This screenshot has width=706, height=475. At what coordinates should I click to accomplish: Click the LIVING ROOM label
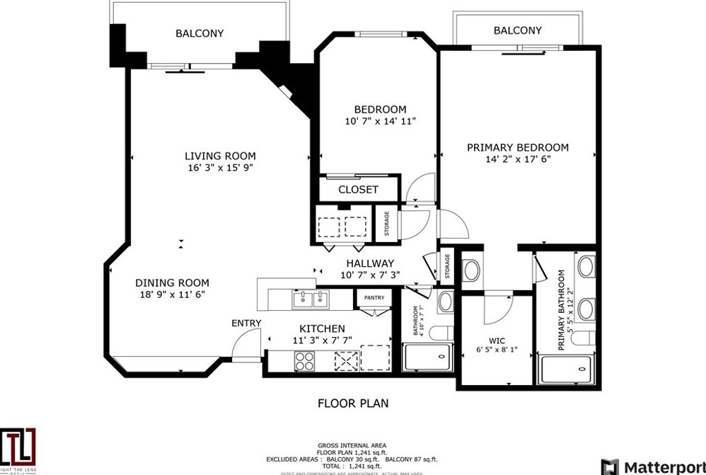(220, 156)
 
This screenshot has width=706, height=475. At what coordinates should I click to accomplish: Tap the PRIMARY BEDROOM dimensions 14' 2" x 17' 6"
(517, 159)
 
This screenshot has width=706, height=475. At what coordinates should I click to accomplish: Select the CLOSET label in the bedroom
(358, 190)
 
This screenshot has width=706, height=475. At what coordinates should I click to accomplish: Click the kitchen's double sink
(311, 300)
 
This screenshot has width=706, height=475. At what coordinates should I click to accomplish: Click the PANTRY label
(374, 298)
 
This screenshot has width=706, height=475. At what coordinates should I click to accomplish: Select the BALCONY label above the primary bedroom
(517, 30)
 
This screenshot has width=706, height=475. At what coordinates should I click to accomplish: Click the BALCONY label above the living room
(199, 33)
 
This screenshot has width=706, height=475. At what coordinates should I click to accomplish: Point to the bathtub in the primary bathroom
(566, 369)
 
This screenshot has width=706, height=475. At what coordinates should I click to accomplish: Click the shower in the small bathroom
(427, 357)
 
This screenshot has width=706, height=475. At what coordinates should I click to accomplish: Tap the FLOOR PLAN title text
(353, 404)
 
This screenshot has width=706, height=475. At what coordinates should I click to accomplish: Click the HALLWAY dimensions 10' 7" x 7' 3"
(370, 275)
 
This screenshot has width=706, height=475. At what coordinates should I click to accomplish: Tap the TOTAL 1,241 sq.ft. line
(352, 467)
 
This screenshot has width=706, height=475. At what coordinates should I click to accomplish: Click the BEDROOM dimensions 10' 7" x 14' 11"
(380, 121)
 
